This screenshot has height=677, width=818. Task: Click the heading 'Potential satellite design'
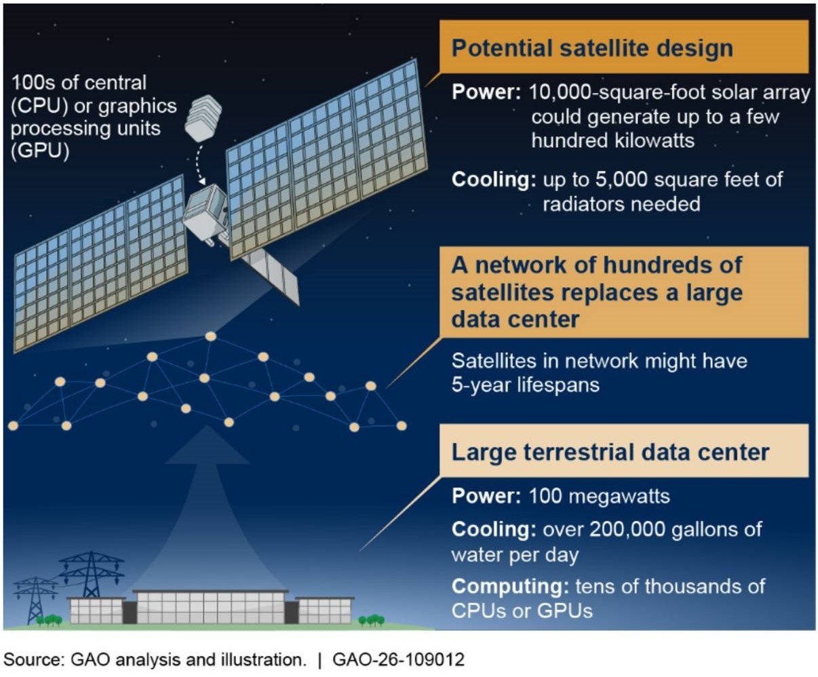tap(592, 49)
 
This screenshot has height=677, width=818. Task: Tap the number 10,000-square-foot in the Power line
tap(617, 92)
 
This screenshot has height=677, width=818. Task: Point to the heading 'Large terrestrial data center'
tap(610, 452)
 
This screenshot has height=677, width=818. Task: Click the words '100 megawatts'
tap(600, 496)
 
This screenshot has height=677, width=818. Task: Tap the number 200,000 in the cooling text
tap(627, 529)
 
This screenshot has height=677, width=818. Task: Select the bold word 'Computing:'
tap(510, 587)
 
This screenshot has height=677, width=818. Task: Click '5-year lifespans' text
tap(526, 385)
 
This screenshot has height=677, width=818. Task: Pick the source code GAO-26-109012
tap(398, 659)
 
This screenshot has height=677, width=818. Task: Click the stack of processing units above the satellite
tap(203, 117)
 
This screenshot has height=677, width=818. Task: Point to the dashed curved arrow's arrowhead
tap(201, 180)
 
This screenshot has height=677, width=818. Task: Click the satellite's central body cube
tap(206, 212)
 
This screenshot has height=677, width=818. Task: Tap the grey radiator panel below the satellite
tap(271, 276)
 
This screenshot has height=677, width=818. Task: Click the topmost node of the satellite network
tap(211, 336)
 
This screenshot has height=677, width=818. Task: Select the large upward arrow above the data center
tap(208, 505)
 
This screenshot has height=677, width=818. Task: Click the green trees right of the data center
tap(372, 620)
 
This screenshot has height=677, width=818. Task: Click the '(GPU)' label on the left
tap(40, 151)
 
